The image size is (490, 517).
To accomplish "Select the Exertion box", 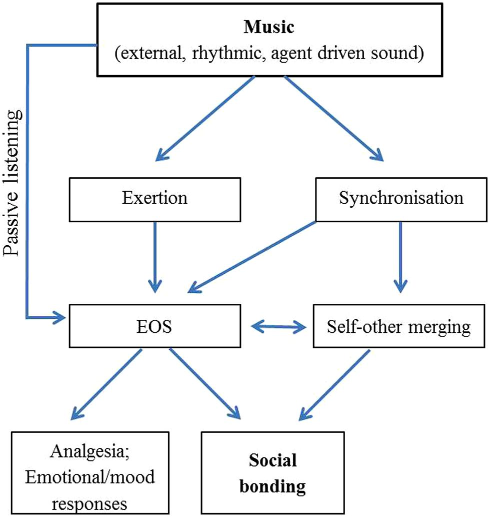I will click(x=154, y=198).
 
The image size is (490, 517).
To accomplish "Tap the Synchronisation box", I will click(x=401, y=198).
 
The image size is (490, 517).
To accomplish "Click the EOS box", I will click(x=154, y=327).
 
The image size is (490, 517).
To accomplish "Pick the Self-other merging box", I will click(x=398, y=327).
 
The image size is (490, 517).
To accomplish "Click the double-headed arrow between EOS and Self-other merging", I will click(x=279, y=327).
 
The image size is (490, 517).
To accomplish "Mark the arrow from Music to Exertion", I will click(x=206, y=118).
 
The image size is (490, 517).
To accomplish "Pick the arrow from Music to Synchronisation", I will click(x=334, y=118).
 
